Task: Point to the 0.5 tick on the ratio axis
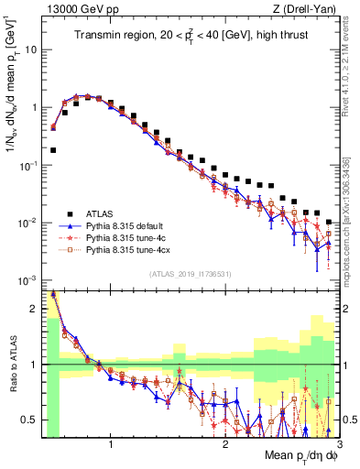tap(31, 420)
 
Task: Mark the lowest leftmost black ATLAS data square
tap(53, 149)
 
